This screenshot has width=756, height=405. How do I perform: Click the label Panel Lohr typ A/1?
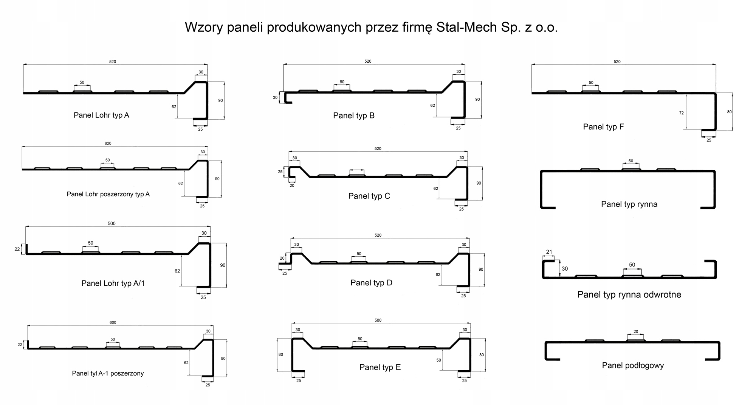113,283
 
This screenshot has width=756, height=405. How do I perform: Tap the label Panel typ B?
354,115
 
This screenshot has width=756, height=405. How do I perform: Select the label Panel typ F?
603,127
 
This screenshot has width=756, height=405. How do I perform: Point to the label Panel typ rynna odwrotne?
629,294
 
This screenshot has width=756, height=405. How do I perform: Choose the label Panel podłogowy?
633,365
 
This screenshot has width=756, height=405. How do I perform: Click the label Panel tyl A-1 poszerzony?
108,373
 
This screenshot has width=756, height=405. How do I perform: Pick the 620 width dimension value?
108,143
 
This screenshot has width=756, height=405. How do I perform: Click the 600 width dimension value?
113,322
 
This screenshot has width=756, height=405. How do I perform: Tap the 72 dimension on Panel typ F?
682,113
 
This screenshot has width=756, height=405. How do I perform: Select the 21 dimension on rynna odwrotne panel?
549,252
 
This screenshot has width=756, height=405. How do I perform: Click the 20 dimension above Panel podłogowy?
636,331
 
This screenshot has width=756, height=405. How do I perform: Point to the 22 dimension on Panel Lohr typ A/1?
17,249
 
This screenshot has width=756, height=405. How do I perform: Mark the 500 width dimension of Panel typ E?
378,320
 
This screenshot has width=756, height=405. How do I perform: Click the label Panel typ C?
369,196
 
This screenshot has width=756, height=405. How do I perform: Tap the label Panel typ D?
371,283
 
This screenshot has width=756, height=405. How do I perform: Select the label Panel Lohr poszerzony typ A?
108,194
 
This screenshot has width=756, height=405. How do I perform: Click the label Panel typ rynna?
629,204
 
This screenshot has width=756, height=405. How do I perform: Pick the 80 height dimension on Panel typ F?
730,112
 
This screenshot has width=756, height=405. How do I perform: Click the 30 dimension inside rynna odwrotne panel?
565,269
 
